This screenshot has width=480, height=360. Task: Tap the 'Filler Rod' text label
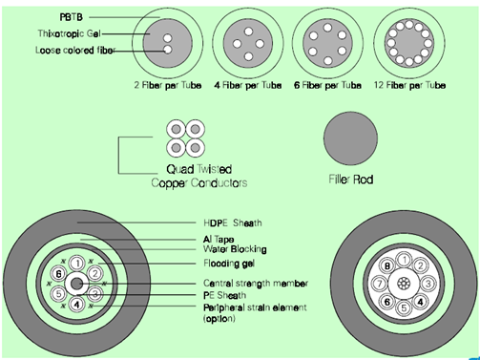[349, 178]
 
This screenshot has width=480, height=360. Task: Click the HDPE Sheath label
[234, 223]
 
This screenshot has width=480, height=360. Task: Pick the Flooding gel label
[234, 263]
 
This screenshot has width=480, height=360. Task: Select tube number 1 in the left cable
[76, 263]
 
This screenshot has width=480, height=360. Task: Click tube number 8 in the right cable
[387, 266]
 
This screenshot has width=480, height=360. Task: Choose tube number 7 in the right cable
[380, 285]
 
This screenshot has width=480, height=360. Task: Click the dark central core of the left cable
[76, 284]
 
